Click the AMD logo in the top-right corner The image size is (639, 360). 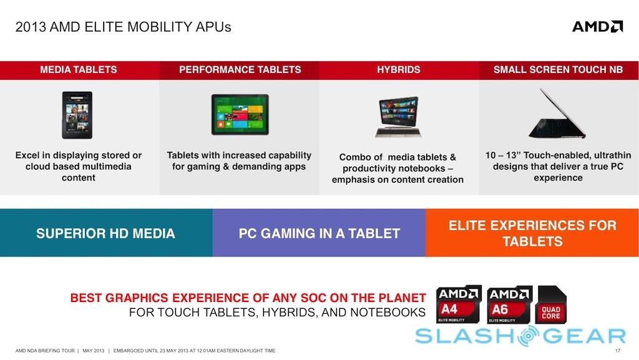[x=597, y=27]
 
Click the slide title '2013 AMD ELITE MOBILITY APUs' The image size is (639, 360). [x=123, y=27]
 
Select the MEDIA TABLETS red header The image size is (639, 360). [x=79, y=70]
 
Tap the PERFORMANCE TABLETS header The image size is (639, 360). [x=240, y=70]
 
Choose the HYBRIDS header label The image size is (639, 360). [x=399, y=70]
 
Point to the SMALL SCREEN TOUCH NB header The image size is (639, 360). [x=559, y=70]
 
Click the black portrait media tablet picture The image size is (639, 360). [x=77, y=115]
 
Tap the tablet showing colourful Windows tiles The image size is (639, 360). [x=240, y=114]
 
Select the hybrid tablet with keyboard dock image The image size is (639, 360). [x=398, y=117]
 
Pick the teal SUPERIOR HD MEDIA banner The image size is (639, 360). [x=106, y=233]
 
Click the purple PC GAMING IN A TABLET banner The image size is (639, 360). [x=319, y=233]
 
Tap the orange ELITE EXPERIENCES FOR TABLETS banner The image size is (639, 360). [x=532, y=233]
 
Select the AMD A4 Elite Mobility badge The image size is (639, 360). [x=459, y=304]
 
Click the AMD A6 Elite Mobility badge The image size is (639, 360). [x=510, y=304]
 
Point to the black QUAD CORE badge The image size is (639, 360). [x=552, y=304]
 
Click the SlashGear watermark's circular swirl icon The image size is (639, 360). [x=528, y=336]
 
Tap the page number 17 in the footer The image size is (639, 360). [x=618, y=351]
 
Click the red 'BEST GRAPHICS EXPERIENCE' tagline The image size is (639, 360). [x=248, y=298]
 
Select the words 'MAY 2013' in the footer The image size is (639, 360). [x=94, y=351]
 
